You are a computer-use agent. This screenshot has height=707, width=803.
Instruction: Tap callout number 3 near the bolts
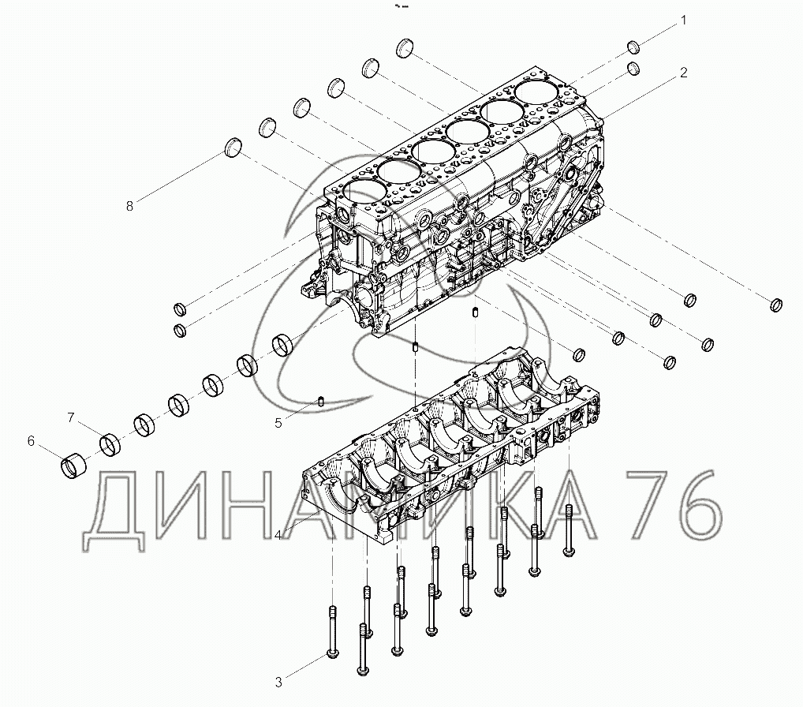tap(278, 682)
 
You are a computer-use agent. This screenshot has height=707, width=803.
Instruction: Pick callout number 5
tap(278, 422)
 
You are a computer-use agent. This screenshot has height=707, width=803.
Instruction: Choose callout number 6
tap(32, 440)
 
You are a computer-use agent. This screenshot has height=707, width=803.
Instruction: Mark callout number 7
tap(70, 417)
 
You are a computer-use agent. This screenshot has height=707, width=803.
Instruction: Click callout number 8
tap(129, 206)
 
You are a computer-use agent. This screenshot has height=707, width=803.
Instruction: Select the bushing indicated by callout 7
tap(110, 445)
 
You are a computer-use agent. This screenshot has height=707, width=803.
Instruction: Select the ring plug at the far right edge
tap(776, 305)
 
